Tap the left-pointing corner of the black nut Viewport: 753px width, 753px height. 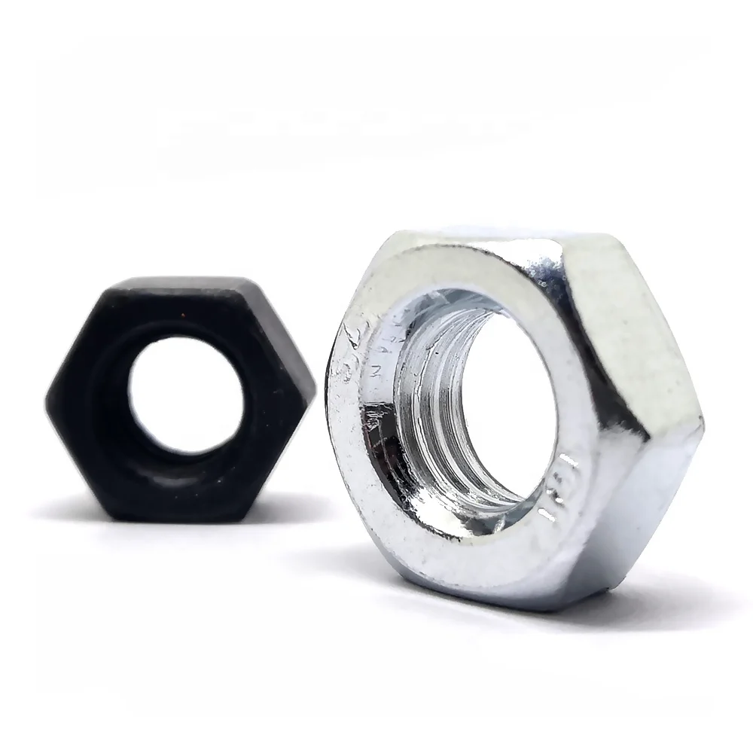pos(48,395)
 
